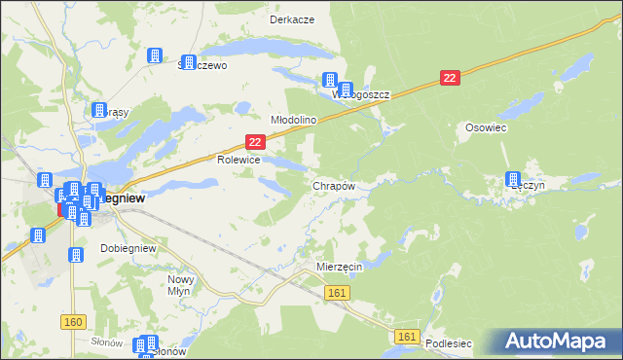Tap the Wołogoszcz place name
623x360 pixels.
click(361, 95)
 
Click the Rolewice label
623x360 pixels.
click(238, 160)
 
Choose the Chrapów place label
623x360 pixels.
click(333, 185)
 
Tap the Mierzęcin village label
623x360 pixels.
click(340, 265)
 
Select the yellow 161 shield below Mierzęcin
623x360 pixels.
click(338, 293)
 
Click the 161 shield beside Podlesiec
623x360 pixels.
click(408, 337)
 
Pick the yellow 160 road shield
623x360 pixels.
click(73, 321)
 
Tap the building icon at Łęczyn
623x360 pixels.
click(512, 179)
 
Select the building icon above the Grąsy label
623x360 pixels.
click(97, 111)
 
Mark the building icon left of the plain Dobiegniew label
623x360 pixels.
click(76, 254)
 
